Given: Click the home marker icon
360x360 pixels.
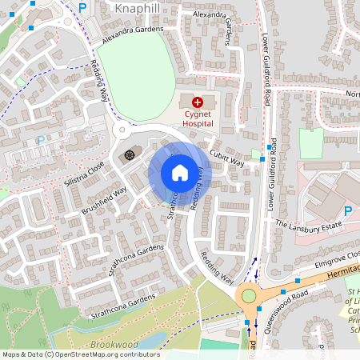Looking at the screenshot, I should click(x=179, y=172).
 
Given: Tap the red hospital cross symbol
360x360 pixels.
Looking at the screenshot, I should click(x=198, y=102).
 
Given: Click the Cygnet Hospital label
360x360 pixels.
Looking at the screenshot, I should click(x=197, y=119).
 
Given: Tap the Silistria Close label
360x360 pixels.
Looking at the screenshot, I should click(x=86, y=172).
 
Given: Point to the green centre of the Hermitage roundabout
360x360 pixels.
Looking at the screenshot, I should click(x=249, y=296).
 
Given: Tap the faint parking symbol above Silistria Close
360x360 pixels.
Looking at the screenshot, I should click(x=40, y=140).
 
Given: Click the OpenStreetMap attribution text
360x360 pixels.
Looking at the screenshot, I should click(x=80, y=354).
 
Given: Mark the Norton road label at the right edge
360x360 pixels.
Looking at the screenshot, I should click(x=351, y=94).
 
